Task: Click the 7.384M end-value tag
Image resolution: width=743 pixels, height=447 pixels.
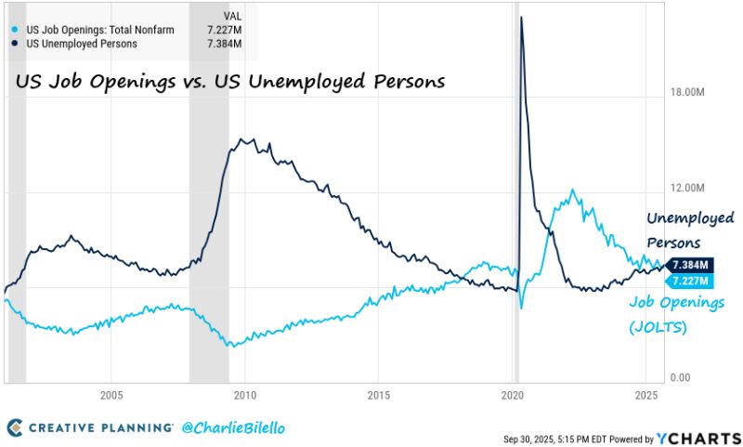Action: tap(692, 265)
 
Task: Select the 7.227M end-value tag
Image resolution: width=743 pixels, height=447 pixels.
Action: tap(692, 281)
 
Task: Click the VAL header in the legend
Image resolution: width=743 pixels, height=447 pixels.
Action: tap(235, 16)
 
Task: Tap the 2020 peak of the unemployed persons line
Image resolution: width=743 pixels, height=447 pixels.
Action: tap(522, 18)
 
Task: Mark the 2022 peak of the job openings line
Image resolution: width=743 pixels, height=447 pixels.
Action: tap(573, 191)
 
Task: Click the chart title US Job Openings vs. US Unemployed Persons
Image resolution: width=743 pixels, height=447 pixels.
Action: tap(230, 82)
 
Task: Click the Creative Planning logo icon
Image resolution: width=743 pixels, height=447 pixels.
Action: tap(16, 427)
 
